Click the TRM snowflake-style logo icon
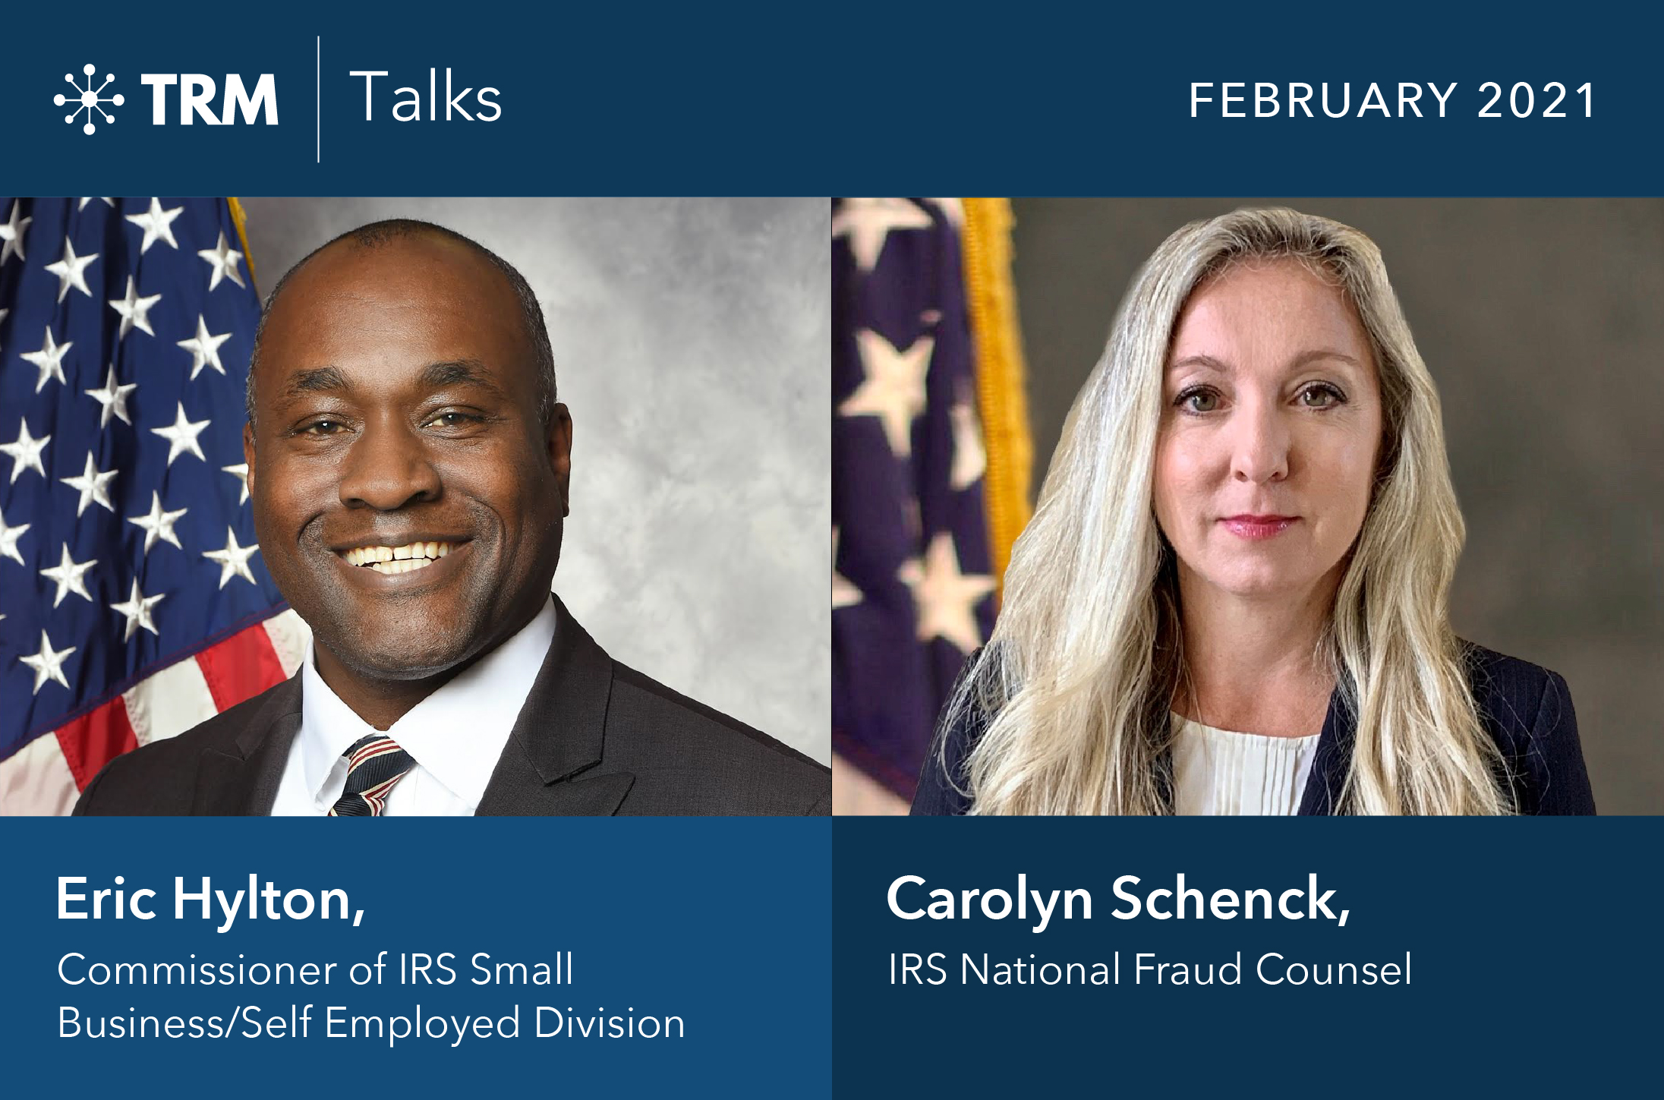89,99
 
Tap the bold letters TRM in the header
210,99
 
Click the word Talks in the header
425,97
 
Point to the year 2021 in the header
1536,100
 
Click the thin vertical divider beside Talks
318,99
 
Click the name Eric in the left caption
106,899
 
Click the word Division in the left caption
609,1023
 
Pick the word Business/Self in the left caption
184,1023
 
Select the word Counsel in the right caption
1334,970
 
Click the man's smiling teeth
401,556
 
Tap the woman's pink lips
1258,525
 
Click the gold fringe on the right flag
994,380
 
